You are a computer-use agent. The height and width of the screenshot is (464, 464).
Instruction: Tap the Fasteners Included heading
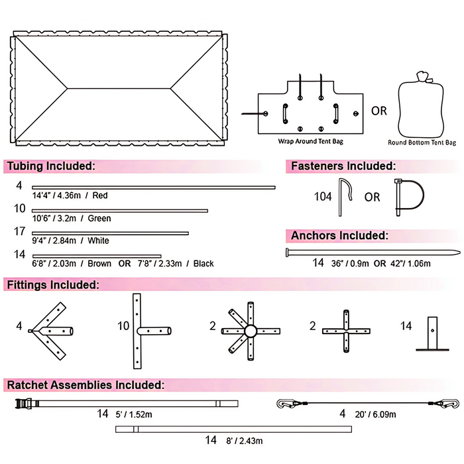click(343, 166)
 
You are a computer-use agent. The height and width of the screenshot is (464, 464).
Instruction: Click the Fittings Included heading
click(53, 285)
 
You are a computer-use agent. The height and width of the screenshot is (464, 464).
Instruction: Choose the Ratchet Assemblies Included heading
click(84, 384)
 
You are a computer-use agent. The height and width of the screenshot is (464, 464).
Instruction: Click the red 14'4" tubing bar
click(153, 188)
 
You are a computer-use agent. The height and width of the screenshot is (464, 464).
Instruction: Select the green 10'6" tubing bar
click(120, 211)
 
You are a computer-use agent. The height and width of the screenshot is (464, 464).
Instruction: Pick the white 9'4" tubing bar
click(110, 233)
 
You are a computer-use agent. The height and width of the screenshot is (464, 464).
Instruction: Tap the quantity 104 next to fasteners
click(323, 196)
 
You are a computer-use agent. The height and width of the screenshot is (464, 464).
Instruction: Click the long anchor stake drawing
click(371, 252)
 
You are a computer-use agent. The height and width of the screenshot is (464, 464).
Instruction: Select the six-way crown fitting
click(250, 330)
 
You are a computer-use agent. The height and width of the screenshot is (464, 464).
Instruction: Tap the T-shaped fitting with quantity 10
click(146, 330)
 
